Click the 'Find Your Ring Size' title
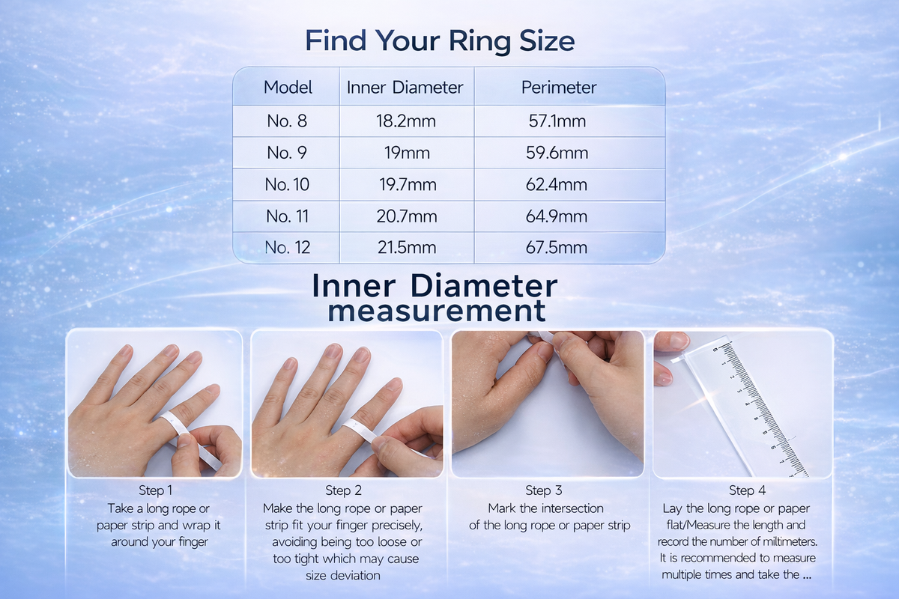pos(440,40)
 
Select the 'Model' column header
pos(288,88)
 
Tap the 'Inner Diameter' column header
pos(405,88)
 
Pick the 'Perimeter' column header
pos(559,88)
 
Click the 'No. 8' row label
pos(287,121)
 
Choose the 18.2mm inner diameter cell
pos(405,121)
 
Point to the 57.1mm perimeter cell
pos(556,121)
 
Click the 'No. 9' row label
pos(287,153)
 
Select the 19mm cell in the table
pos(405,153)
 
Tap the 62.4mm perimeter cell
pos(556,184)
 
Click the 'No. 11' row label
pos(288,216)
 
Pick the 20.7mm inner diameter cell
pos(405,216)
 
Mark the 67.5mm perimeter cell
pos(556,248)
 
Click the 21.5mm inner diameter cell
pos(405,248)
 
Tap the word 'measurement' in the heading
pos(436,310)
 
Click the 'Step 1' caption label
pos(155,490)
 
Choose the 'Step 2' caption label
pos(343,490)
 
